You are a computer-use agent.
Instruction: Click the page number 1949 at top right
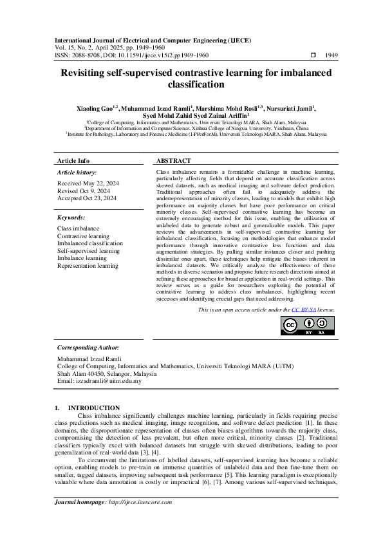(332, 55)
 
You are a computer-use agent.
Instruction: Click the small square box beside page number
(313, 55)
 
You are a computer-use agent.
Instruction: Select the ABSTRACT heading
(174, 160)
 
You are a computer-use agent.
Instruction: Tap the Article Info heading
(73, 160)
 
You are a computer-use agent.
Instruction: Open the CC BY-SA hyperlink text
(302, 310)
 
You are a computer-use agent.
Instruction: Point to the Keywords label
(72, 218)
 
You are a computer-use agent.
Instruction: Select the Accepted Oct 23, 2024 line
(87, 198)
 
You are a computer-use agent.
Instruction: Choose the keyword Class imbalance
(78, 229)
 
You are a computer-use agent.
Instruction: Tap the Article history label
(77, 173)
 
